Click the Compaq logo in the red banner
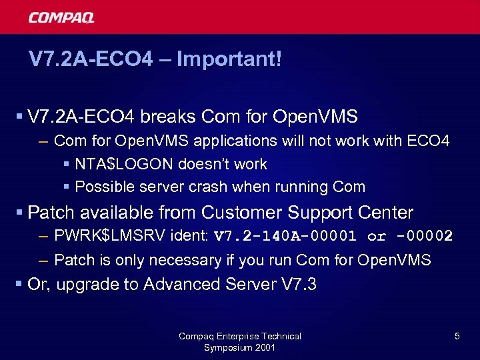pyautogui.click(x=61, y=17)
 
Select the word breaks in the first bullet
pyautogui.click(x=166, y=117)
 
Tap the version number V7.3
pyautogui.click(x=297, y=285)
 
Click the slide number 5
pyautogui.click(x=457, y=337)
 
